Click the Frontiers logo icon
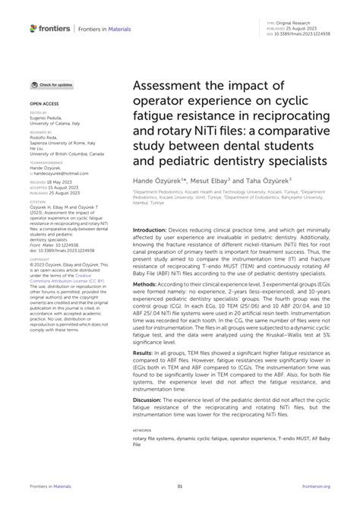33,28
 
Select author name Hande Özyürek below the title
157,182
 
